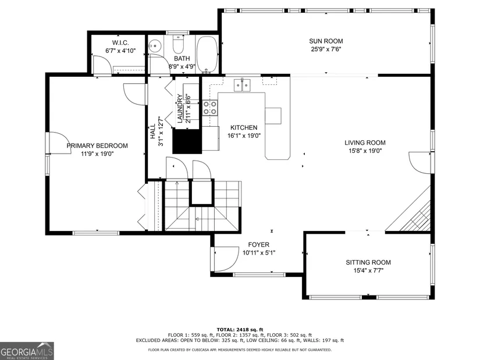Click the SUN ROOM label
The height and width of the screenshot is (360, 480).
326,41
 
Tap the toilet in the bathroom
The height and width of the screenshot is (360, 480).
178,44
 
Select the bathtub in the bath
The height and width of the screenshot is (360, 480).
207,55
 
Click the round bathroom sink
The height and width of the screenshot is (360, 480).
155,46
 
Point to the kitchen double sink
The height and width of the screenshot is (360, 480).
242,85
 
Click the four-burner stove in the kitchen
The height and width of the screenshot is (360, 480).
210,108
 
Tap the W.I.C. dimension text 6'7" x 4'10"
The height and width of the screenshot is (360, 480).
120,51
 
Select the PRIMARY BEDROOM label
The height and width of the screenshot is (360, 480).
97,146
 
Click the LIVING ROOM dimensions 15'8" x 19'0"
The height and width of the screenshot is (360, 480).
365,151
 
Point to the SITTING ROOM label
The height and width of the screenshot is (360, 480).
368,262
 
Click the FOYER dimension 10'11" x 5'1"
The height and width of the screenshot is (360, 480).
259,253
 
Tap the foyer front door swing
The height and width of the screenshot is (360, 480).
226,259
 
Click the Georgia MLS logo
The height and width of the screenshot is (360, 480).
27,351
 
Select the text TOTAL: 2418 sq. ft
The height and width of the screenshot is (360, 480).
240,330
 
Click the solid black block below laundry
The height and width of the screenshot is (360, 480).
187,141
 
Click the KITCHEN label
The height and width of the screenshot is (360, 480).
244,127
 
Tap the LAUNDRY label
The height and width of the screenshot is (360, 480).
180,109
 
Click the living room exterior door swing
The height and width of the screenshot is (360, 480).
419,163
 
